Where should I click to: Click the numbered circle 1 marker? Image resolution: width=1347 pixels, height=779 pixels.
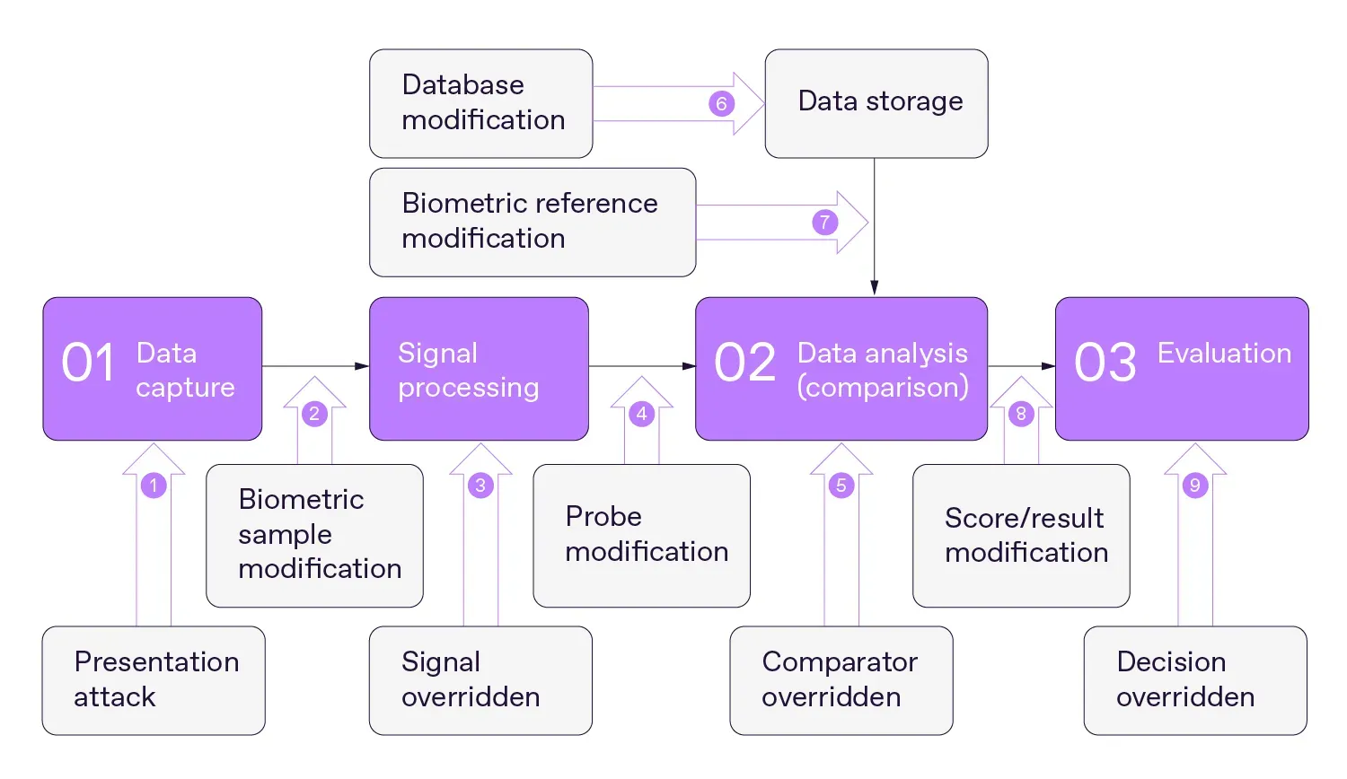tap(154, 486)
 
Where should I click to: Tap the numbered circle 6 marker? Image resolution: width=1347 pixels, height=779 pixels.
tap(721, 103)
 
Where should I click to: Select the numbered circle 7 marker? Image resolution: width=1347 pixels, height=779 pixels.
tap(825, 222)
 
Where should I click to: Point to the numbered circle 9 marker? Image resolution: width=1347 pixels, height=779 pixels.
tap(1194, 486)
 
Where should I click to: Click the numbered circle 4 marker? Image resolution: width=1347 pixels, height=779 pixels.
tap(641, 414)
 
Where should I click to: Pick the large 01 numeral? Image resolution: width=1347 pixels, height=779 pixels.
tap(88, 363)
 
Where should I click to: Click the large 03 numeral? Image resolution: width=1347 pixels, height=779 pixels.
tap(1105, 363)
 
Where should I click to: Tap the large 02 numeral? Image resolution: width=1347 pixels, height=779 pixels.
tap(744, 363)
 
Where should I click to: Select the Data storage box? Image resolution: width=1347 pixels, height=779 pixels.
tap(876, 103)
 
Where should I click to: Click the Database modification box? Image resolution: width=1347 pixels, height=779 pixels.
tap(481, 103)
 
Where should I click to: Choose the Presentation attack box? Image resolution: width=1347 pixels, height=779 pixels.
tap(154, 680)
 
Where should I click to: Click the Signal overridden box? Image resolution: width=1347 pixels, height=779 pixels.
tap(480, 680)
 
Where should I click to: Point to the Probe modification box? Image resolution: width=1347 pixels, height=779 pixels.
tap(641, 535)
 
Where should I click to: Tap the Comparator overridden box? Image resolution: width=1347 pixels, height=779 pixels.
tap(841, 680)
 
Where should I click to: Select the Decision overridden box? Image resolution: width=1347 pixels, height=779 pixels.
tap(1194, 680)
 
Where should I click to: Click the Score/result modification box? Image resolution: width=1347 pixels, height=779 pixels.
tap(1021, 536)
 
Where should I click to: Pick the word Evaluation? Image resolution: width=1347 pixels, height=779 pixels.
tap(1224, 354)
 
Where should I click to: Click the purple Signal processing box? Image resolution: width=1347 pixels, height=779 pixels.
tap(479, 369)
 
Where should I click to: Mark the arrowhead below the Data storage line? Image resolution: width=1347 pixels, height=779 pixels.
tap(874, 288)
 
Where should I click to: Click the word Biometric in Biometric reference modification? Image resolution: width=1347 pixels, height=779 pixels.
tap(457, 204)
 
